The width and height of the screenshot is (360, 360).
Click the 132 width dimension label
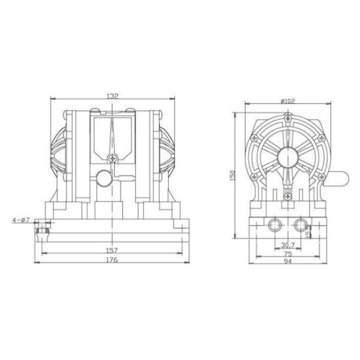coord(112,95)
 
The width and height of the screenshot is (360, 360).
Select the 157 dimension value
coord(112,250)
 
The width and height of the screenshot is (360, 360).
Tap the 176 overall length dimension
coord(112,260)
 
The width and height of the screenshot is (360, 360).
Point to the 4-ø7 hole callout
coord(20,220)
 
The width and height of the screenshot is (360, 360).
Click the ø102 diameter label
coord(287,101)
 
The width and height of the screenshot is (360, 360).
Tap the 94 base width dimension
coord(288,262)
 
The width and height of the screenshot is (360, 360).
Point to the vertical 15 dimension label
coord(309,231)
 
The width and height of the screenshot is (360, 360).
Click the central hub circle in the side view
coord(287,158)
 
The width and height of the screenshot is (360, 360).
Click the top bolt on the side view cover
coord(287,122)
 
